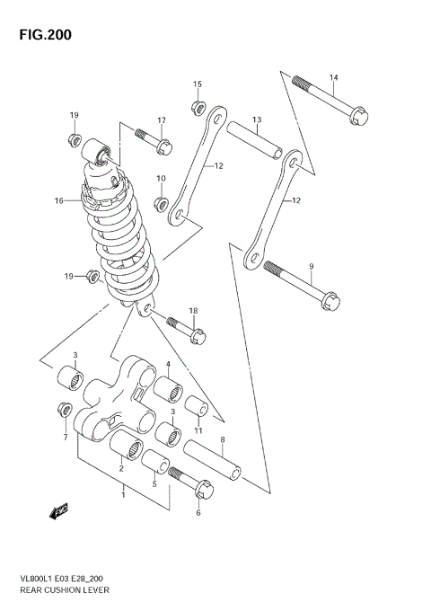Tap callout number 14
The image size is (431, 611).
(333, 77)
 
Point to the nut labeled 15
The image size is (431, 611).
(198, 108)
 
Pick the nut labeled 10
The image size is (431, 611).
(162, 203)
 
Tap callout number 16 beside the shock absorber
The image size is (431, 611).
(58, 201)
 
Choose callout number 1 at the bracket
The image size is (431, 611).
(124, 493)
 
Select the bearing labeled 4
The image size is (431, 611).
(167, 393)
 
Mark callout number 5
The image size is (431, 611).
(154, 485)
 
